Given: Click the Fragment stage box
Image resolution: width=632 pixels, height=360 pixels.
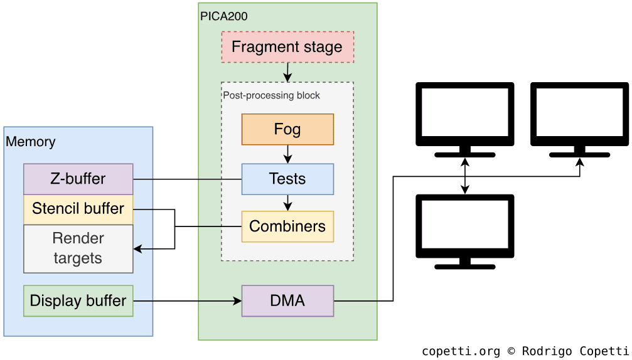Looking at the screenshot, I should (287, 47).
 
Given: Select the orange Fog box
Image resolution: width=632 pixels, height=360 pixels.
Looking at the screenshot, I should (287, 129).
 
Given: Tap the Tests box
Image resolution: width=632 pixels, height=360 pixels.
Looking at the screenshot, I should (287, 179).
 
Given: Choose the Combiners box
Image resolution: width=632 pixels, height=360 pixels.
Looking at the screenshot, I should (287, 226).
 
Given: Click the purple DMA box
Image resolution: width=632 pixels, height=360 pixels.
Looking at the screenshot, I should (287, 301).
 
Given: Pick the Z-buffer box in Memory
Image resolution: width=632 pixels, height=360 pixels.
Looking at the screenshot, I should (78, 179).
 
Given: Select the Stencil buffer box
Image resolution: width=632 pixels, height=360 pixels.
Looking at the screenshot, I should (78, 209).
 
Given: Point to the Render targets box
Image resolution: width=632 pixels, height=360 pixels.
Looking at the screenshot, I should (78, 248).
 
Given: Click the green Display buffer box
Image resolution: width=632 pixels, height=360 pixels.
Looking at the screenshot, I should (78, 301).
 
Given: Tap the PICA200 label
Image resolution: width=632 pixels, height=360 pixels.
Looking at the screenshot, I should (224, 16).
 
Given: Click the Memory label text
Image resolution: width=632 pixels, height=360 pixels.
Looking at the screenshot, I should (31, 142).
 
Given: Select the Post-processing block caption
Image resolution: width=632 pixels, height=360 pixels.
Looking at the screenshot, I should (272, 95).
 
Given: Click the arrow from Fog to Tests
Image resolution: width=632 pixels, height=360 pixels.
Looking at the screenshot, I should (287, 154).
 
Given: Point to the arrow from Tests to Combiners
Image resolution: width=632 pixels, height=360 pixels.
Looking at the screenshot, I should (287, 203).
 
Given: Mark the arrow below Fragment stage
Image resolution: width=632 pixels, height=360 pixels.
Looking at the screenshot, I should (287, 72).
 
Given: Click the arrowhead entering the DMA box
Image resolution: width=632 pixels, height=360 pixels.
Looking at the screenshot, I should (238, 301).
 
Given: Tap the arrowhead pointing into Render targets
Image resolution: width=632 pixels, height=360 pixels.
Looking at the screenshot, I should (138, 249).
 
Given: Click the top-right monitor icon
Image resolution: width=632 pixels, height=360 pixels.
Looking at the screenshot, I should (579, 119).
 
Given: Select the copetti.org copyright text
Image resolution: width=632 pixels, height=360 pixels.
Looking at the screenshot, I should (525, 351).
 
